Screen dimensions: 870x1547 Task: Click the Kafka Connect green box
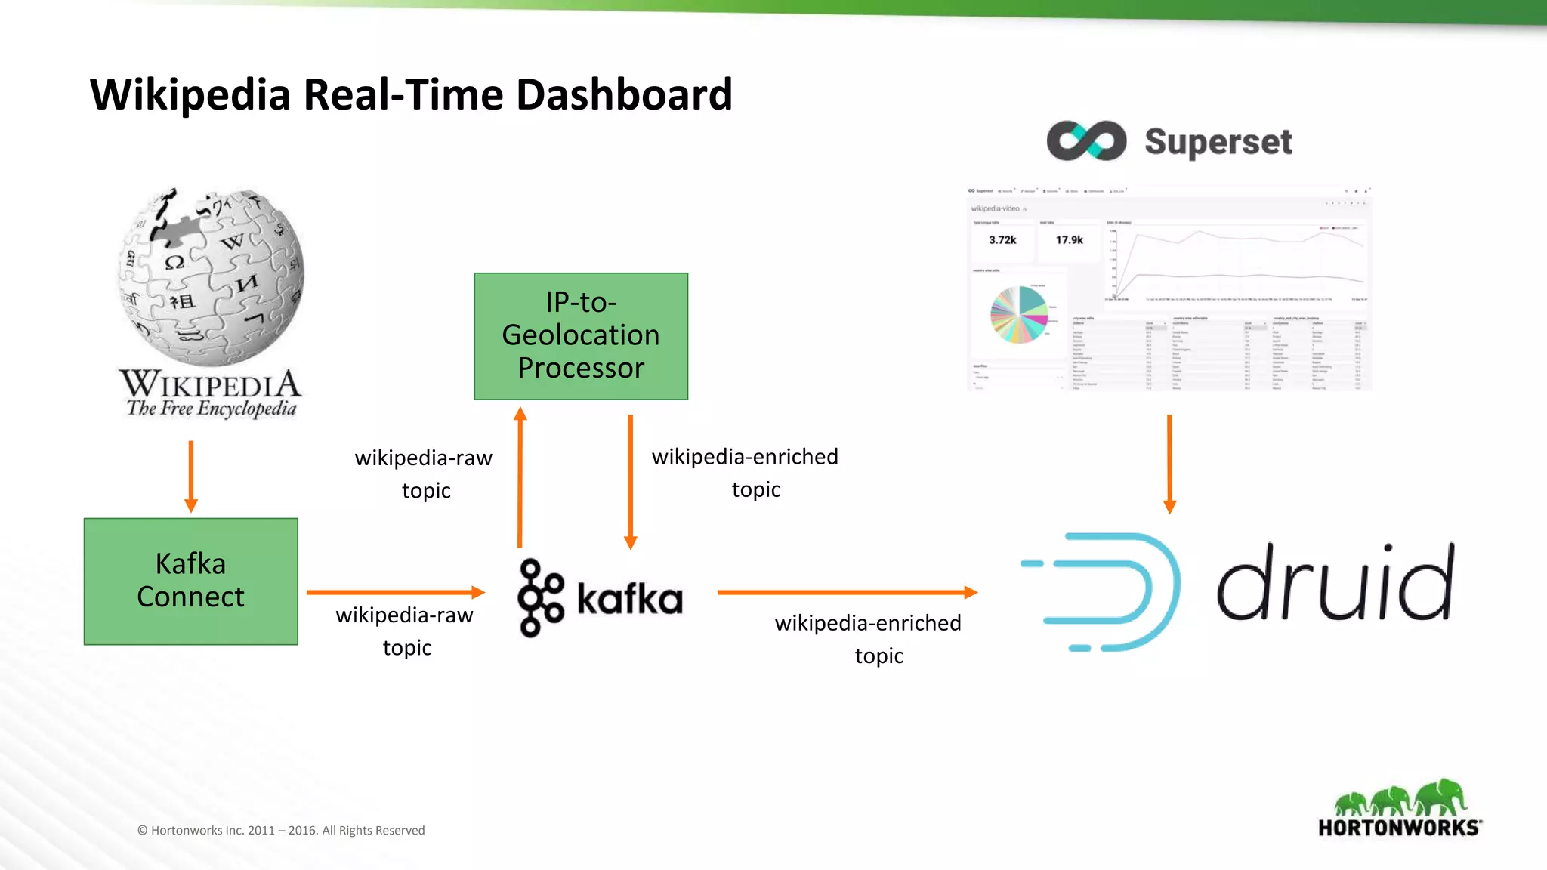[x=191, y=581]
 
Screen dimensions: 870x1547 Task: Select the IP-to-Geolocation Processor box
[x=581, y=336]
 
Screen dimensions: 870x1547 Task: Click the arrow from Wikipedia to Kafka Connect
[x=191, y=476]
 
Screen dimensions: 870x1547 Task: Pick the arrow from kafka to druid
[x=846, y=592]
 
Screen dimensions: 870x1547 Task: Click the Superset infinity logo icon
[x=1086, y=140]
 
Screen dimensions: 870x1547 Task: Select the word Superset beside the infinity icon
[x=1218, y=142]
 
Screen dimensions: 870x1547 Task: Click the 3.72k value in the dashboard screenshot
[x=1002, y=240]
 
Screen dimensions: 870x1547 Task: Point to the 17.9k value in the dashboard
[x=1069, y=240]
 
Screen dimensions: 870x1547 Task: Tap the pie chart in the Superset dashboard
[x=1019, y=315]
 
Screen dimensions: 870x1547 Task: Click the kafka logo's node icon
[x=539, y=597]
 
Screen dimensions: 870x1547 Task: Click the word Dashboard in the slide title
[x=624, y=95]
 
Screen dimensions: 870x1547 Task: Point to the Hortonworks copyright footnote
[x=281, y=830]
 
